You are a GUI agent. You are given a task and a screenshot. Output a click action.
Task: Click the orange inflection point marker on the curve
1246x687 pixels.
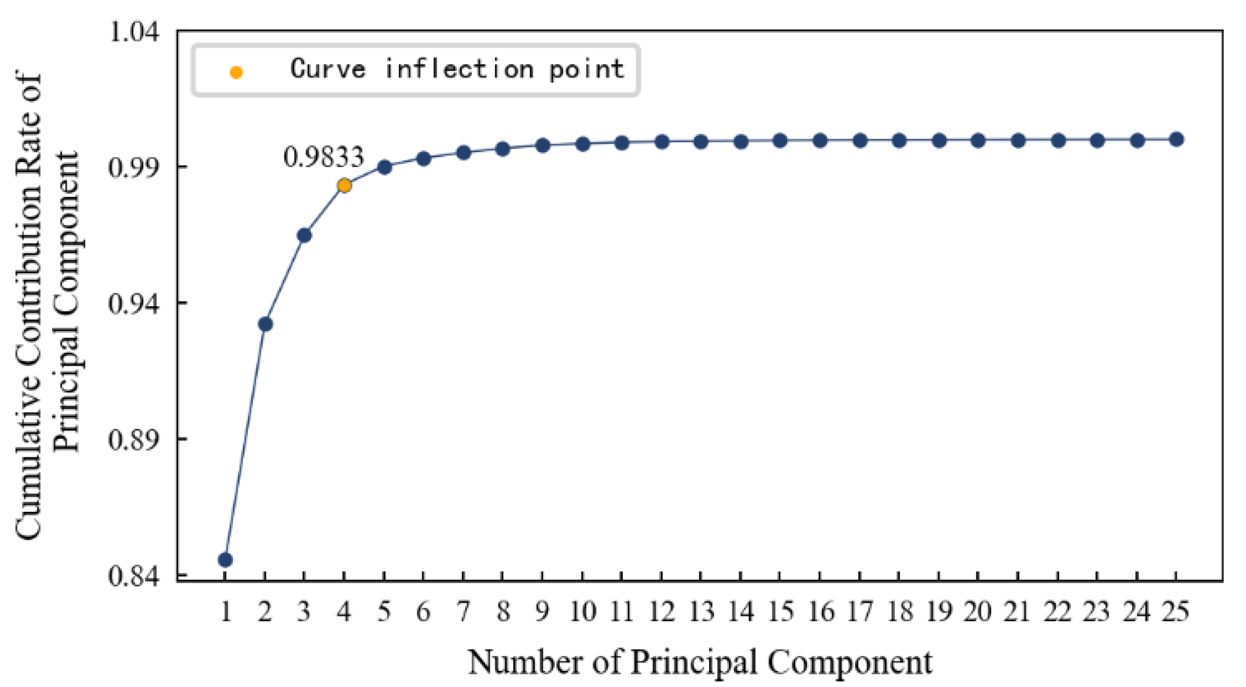(344, 186)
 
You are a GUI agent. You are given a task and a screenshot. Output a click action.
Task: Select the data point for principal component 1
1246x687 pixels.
(225, 560)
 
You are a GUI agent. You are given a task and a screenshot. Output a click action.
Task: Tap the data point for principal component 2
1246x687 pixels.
(265, 324)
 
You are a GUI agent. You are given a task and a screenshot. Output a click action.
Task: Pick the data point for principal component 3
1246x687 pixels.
(304, 235)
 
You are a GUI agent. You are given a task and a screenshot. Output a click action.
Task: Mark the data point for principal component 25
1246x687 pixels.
(1177, 140)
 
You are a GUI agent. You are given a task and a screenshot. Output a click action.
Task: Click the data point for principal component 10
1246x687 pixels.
(583, 144)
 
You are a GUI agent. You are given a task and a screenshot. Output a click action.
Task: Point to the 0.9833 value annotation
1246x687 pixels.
(323, 157)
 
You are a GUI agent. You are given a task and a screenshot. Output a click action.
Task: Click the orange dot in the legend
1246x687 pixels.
(236, 72)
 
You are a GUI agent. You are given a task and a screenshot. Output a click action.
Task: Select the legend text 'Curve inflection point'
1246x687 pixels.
(457, 69)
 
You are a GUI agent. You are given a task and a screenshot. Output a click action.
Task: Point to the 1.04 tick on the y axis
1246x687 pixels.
(133, 31)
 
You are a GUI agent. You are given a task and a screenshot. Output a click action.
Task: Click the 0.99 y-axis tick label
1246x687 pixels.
(133, 167)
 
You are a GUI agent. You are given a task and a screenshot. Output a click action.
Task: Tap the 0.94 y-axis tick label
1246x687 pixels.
(133, 303)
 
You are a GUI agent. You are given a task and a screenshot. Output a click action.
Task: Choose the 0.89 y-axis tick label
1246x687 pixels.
(133, 439)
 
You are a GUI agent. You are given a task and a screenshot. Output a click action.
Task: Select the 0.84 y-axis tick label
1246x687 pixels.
(133, 576)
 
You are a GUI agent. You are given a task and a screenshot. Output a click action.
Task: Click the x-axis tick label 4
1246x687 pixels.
(344, 611)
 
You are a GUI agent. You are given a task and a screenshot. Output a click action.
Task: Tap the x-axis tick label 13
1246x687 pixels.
(701, 611)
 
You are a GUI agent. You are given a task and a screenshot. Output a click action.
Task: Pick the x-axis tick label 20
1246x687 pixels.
(978, 611)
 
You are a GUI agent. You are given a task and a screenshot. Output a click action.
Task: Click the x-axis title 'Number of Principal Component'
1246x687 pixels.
(700, 662)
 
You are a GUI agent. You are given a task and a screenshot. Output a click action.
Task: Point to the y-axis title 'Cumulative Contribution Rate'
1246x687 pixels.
(30, 306)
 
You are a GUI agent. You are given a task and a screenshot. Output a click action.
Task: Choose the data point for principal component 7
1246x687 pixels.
(463, 152)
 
